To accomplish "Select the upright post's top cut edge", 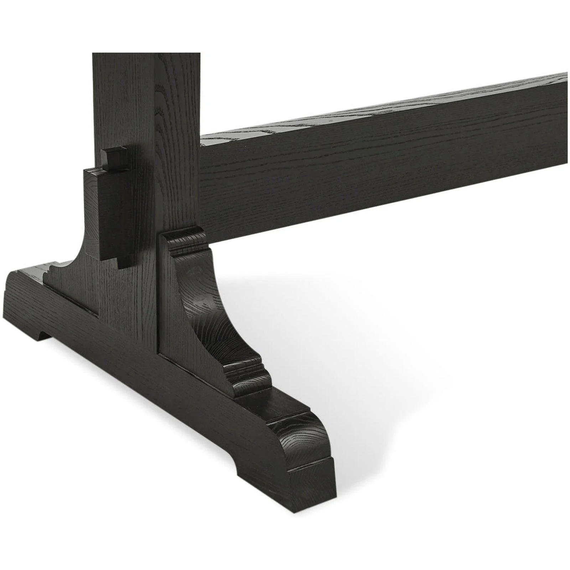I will tap(146, 54).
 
